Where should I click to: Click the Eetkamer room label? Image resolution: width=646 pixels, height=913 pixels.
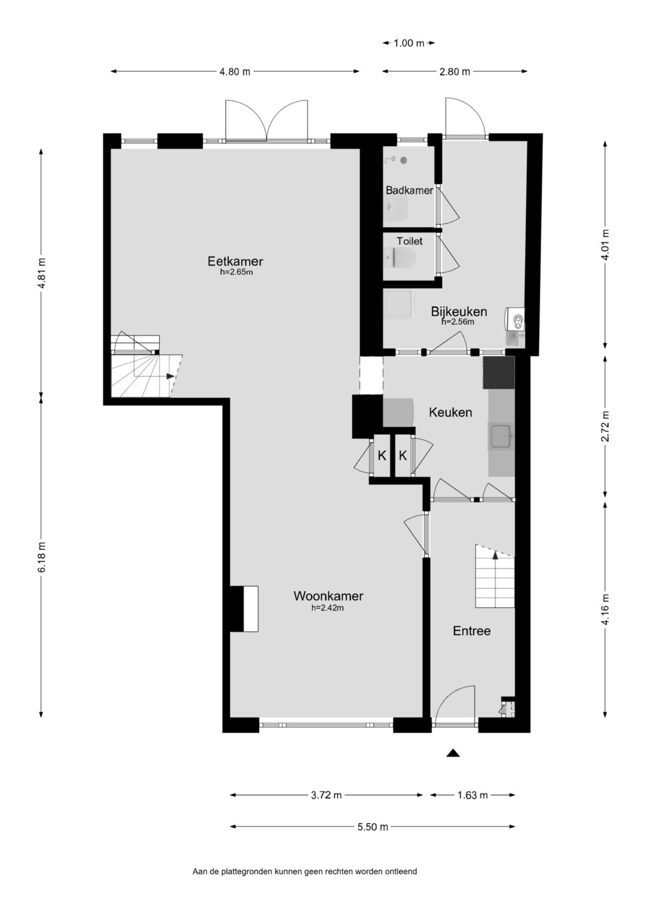tap(235, 261)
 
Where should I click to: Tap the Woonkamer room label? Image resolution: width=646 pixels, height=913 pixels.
tap(328, 596)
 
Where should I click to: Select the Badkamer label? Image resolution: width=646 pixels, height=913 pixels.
tap(410, 190)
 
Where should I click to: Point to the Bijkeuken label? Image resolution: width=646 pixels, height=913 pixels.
tap(459, 312)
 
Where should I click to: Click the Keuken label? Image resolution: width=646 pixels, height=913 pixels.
tap(450, 413)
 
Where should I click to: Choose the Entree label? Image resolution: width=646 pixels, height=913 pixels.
tap(472, 631)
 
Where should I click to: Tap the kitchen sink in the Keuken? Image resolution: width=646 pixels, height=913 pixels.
tap(502, 436)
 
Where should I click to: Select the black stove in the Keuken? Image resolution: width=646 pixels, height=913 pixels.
tap(499, 373)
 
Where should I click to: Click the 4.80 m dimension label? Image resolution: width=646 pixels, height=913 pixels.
tap(235, 72)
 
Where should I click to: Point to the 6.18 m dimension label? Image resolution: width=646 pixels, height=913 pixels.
tap(42, 557)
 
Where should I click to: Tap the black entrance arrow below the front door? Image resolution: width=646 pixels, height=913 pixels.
tap(453, 753)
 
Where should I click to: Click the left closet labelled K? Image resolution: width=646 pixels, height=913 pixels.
tap(382, 456)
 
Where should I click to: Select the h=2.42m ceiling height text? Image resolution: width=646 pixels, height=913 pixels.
tap(328, 608)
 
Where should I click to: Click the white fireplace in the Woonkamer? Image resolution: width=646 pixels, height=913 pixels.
tap(251, 609)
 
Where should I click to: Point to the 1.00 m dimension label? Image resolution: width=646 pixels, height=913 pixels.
tap(409, 43)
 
